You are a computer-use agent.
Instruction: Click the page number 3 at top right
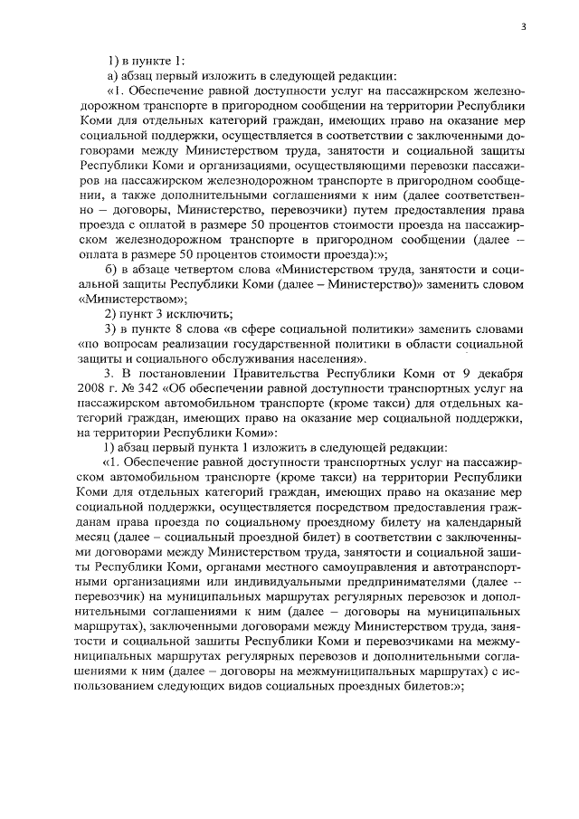(x=523, y=27)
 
